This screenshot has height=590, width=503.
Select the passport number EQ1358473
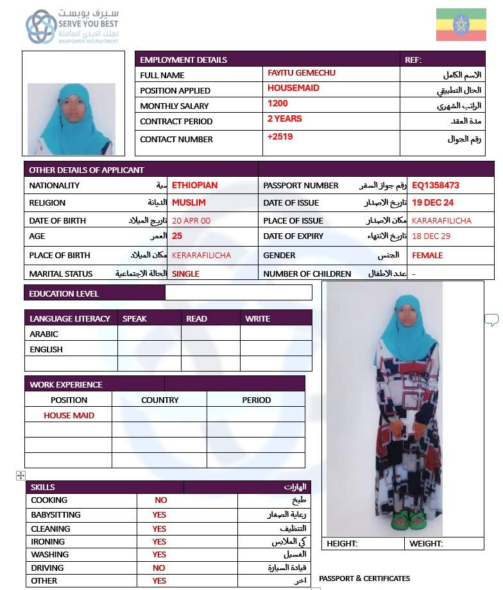pyautogui.click(x=436, y=186)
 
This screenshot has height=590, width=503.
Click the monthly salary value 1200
pyautogui.click(x=278, y=104)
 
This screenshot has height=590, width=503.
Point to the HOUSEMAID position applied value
pyautogui.click(x=293, y=88)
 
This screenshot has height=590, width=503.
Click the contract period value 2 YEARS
pyautogui.click(x=284, y=119)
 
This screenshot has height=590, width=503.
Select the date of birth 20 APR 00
pyautogui.click(x=191, y=220)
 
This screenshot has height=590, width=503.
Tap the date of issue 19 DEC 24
pyautogui.click(x=432, y=203)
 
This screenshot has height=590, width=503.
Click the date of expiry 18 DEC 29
pyautogui.click(x=431, y=236)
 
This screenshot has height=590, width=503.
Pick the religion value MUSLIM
pyautogui.click(x=189, y=203)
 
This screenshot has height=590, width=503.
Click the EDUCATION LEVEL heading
pyautogui.click(x=64, y=294)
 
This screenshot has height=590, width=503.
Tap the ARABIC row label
pyautogui.click(x=44, y=334)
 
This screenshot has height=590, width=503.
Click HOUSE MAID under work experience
pyautogui.click(x=69, y=416)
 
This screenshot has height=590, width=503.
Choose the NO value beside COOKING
pyautogui.click(x=160, y=500)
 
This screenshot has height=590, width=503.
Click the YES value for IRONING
pyautogui.click(x=159, y=542)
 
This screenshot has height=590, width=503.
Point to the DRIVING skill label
pyautogui.click(x=47, y=568)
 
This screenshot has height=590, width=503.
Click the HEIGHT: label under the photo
pyautogui.click(x=342, y=544)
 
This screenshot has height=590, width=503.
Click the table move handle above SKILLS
pyautogui.click(x=21, y=476)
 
